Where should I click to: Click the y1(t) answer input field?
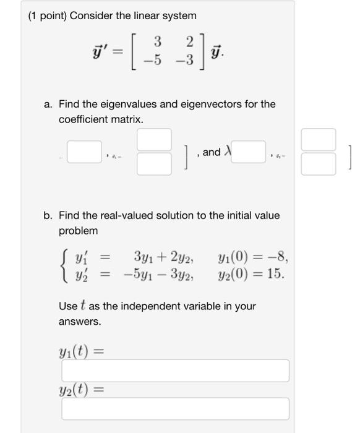click(175, 371)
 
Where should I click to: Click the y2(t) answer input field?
click(175, 409)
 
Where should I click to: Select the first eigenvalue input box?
click(84, 152)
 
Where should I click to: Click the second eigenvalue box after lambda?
click(248, 152)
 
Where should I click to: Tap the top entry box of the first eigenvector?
click(154, 140)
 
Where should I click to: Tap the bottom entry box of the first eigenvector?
click(154, 164)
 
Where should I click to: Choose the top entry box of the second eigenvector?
click(318, 140)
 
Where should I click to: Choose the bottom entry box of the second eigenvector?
click(318, 164)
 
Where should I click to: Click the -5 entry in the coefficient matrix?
click(155, 61)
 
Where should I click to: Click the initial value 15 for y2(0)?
click(276, 273)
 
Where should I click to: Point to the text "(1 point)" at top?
click(48, 15)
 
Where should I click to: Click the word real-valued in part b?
click(126, 216)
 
